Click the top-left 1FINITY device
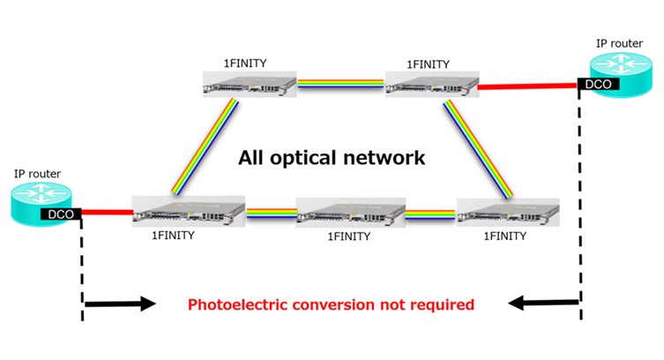tap(246, 86)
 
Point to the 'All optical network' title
tap(332, 159)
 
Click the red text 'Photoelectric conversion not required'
tap(331, 304)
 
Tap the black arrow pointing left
tap(543, 304)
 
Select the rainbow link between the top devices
tap(341, 86)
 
